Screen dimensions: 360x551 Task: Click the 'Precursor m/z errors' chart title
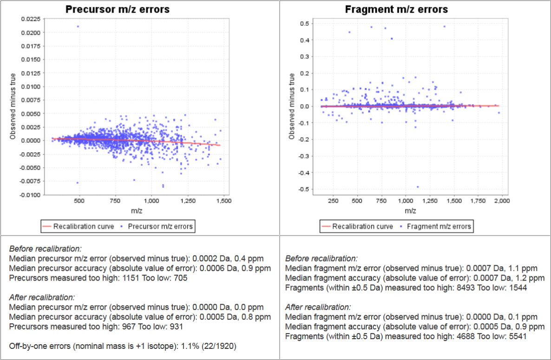click(117, 9)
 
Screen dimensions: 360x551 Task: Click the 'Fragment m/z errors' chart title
click(396, 9)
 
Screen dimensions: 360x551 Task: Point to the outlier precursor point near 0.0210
click(78, 26)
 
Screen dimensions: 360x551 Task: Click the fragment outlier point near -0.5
click(417, 187)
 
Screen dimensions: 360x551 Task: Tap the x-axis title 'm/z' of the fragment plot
click(410, 211)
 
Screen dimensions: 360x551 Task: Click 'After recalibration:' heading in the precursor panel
click(42, 297)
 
